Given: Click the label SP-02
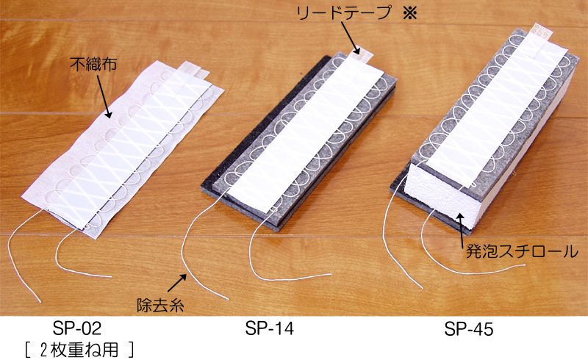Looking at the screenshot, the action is [x=77, y=328].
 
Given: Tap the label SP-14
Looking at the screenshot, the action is [x=270, y=328].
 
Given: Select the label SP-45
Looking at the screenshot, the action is [x=469, y=329].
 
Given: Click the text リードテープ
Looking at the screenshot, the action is [x=344, y=13].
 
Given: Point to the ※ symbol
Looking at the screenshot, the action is [x=410, y=13].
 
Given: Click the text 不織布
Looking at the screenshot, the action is [x=93, y=64].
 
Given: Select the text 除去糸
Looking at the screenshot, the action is [x=160, y=305].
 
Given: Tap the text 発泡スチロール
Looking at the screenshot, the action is [x=522, y=251].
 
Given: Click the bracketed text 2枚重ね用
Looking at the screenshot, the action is [x=79, y=350].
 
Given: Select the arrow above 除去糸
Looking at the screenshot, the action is [x=176, y=283].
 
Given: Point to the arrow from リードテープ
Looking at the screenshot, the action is [x=350, y=38].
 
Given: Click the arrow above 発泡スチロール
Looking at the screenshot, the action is [x=460, y=226].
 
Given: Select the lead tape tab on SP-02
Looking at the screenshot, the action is [x=193, y=71].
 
